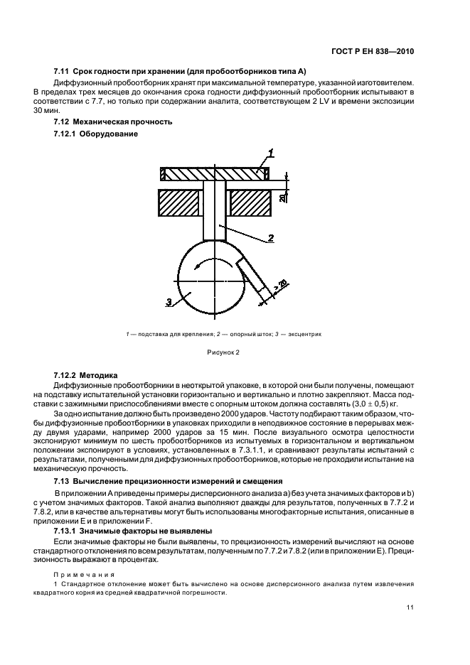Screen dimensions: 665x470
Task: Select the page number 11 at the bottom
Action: (x=410, y=607)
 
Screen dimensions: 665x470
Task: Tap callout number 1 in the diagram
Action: (x=271, y=152)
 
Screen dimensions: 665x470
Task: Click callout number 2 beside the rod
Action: (x=271, y=238)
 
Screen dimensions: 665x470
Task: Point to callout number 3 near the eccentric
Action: (x=169, y=303)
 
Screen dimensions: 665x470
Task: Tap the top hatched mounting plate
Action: (x=214, y=173)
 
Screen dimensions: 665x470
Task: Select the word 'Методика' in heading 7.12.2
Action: (x=101, y=374)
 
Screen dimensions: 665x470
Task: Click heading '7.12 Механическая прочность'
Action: (x=113, y=121)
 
